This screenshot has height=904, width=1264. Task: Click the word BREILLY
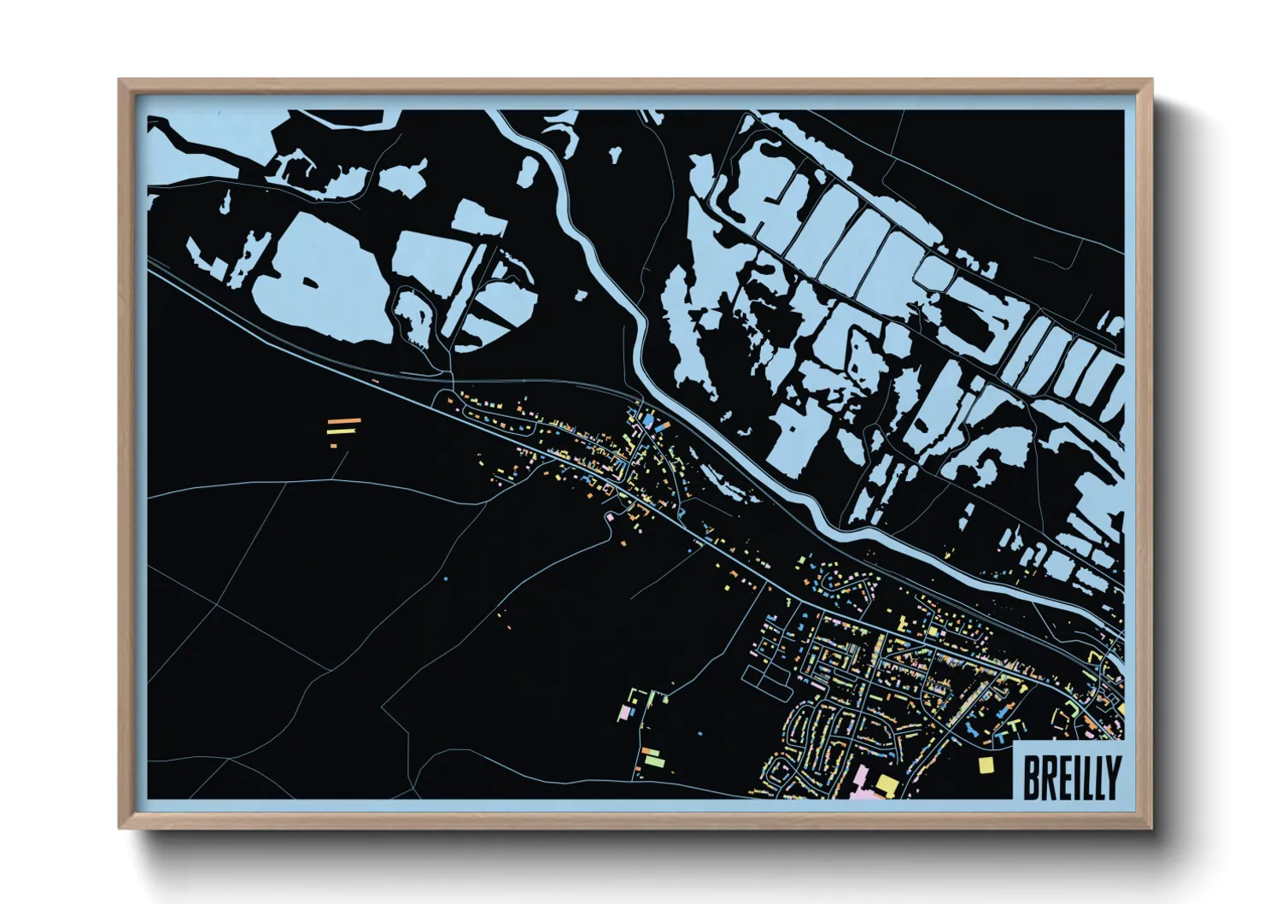(1071, 776)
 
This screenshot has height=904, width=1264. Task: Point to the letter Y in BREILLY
(1112, 776)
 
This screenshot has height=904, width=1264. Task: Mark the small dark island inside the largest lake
(306, 283)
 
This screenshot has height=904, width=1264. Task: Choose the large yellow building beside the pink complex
(887, 784)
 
